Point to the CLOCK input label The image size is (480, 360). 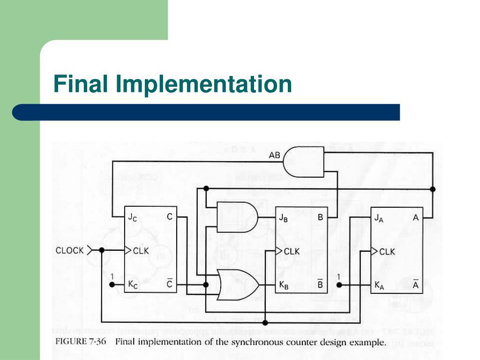(x=69, y=250)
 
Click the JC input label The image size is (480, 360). (x=133, y=217)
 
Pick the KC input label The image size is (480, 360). (x=133, y=284)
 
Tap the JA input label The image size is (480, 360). (x=379, y=217)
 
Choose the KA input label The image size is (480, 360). (x=379, y=285)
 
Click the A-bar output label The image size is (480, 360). (x=415, y=284)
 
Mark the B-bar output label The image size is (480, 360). (x=320, y=284)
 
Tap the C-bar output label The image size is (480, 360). (x=169, y=284)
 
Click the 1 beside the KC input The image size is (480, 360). (x=112, y=276)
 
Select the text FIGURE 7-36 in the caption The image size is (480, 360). (x=82, y=342)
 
